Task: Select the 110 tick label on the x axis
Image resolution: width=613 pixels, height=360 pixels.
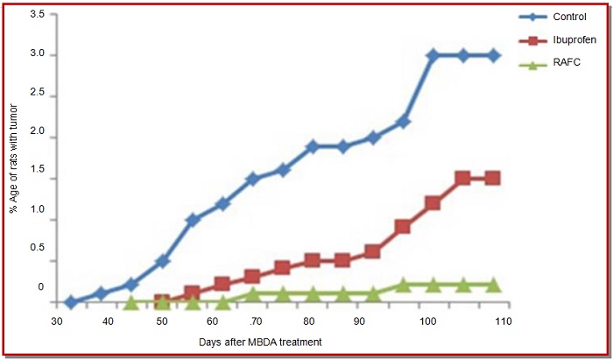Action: (502, 321)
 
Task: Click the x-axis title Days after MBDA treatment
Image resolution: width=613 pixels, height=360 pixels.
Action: (261, 341)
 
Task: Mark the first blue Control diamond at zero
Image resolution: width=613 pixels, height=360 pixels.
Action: (72, 302)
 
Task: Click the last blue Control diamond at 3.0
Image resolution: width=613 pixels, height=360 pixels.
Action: (494, 55)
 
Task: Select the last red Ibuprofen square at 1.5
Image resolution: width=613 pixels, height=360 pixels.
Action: (492, 178)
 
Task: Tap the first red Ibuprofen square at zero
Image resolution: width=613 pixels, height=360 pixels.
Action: (162, 302)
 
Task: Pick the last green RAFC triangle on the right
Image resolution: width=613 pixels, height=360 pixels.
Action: (493, 285)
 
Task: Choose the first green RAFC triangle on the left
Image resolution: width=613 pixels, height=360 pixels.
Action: (131, 302)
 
